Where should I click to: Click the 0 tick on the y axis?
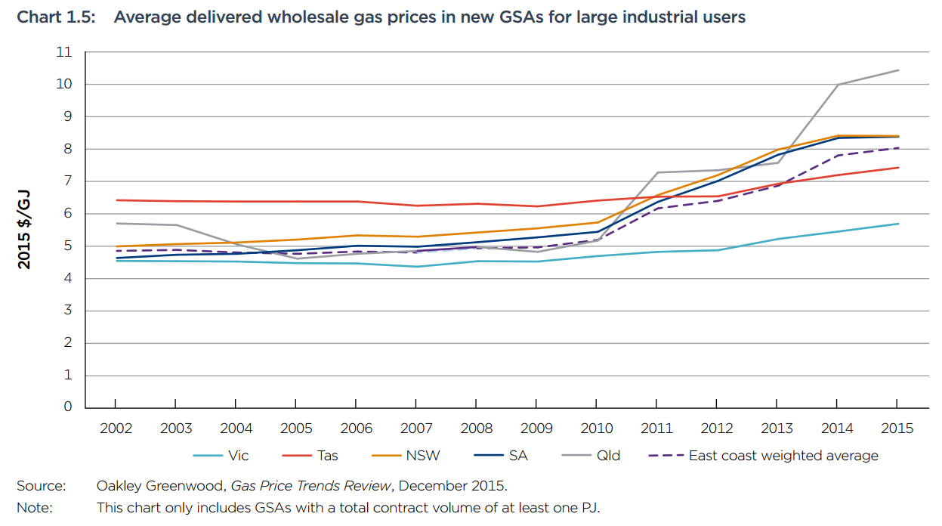(68, 407)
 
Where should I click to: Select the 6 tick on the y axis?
(68, 214)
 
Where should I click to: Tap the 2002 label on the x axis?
(116, 429)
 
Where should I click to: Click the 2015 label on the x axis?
(897, 429)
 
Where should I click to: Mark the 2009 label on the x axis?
(536, 429)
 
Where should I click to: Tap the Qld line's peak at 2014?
(838, 85)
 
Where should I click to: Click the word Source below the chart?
(41, 485)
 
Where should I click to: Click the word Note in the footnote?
(35, 508)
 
